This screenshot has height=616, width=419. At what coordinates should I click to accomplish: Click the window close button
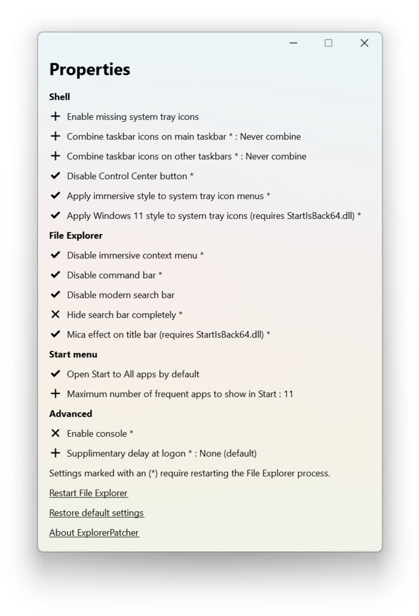364,43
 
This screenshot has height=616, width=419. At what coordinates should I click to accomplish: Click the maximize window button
328,43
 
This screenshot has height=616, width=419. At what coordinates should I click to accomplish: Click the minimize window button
293,43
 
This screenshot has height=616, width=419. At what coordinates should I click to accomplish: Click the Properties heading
90,69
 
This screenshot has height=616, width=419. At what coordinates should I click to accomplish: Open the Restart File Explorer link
88,493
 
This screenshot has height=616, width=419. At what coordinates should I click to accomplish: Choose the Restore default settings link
96,513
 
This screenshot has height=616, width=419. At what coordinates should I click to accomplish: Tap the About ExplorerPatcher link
94,532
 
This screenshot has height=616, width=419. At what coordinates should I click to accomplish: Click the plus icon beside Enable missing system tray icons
55,116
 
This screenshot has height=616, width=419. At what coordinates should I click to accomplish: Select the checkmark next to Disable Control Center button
55,176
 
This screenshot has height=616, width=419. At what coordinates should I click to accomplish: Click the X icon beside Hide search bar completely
55,314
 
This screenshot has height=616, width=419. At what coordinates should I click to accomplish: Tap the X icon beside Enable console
55,433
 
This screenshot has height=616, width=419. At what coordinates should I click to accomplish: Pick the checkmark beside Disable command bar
55,275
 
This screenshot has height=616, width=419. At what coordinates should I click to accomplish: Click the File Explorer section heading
76,235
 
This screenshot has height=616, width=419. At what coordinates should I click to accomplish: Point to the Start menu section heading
73,354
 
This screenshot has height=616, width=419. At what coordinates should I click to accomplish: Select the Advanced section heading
70,413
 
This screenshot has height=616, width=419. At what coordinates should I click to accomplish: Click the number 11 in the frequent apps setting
288,394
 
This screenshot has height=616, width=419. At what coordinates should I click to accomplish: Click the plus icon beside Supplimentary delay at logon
55,453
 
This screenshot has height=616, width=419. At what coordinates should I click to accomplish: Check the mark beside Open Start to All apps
55,374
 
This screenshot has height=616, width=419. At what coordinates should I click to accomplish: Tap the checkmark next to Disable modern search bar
55,295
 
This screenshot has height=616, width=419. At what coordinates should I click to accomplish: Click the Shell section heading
60,96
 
